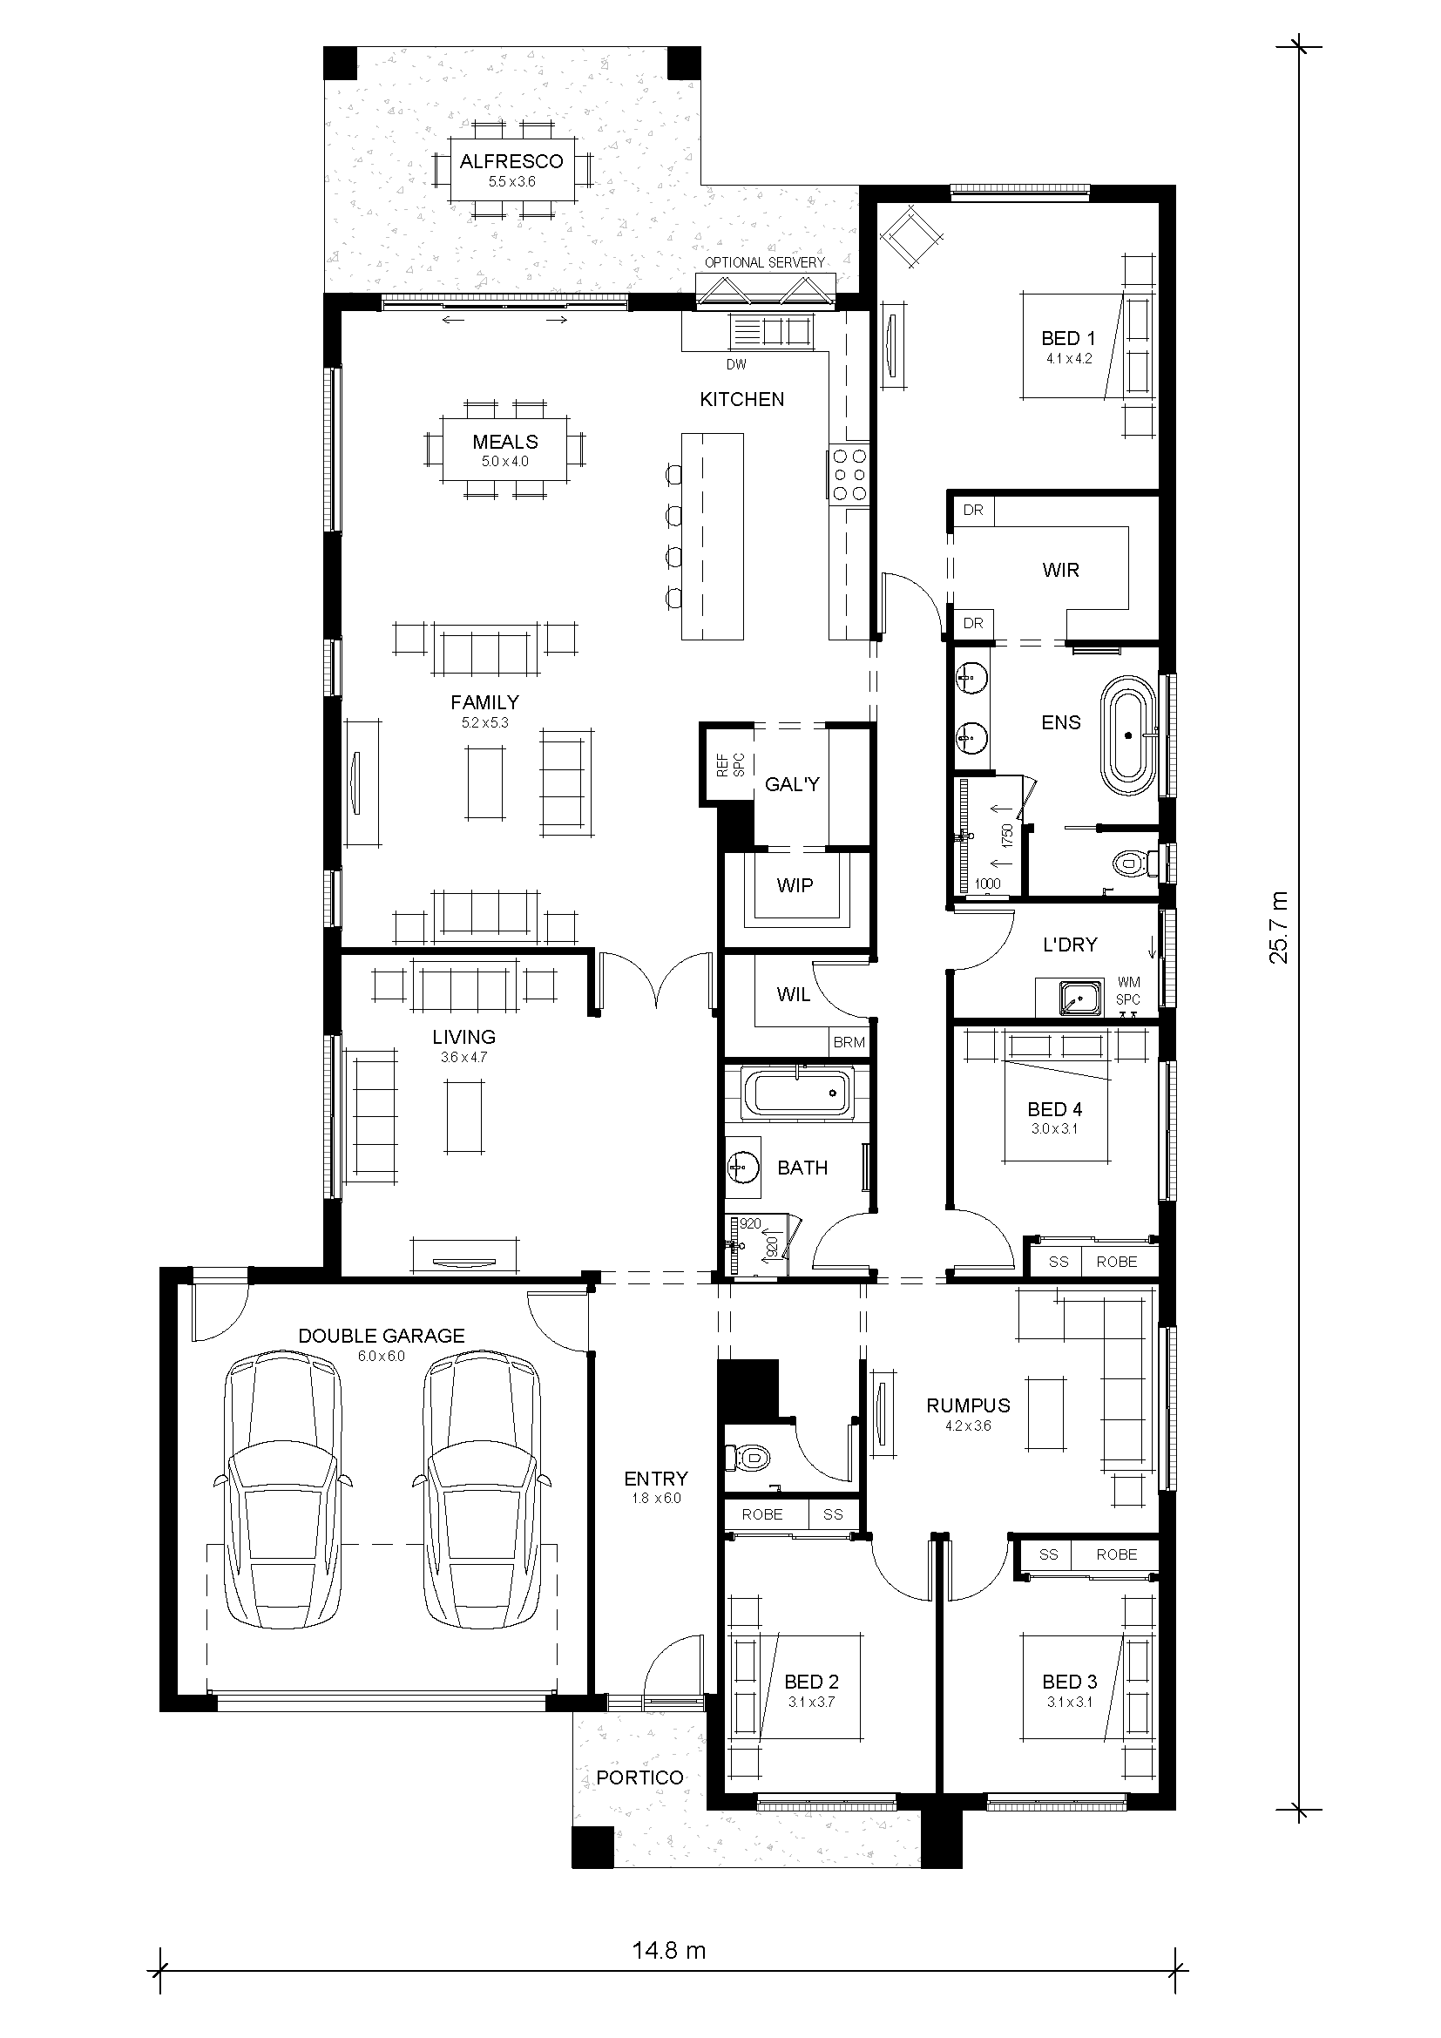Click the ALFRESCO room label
[x=511, y=161]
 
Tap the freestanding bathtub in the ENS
[x=1127, y=736]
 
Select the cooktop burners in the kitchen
[x=850, y=475]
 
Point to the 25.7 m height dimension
[x=1279, y=927]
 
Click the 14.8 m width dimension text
[x=669, y=1950]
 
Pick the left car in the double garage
[x=283, y=1490]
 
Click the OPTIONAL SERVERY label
[x=764, y=263]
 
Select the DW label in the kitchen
[x=735, y=365]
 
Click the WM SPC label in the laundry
[x=1127, y=991]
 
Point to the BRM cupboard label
[x=849, y=1042]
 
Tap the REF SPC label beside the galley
[x=730, y=765]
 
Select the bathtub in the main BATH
[x=796, y=1093]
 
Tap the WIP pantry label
[x=795, y=885]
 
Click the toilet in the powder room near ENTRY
[x=750, y=1457]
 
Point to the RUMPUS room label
[x=968, y=1405]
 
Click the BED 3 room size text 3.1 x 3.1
[x=1069, y=1702]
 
